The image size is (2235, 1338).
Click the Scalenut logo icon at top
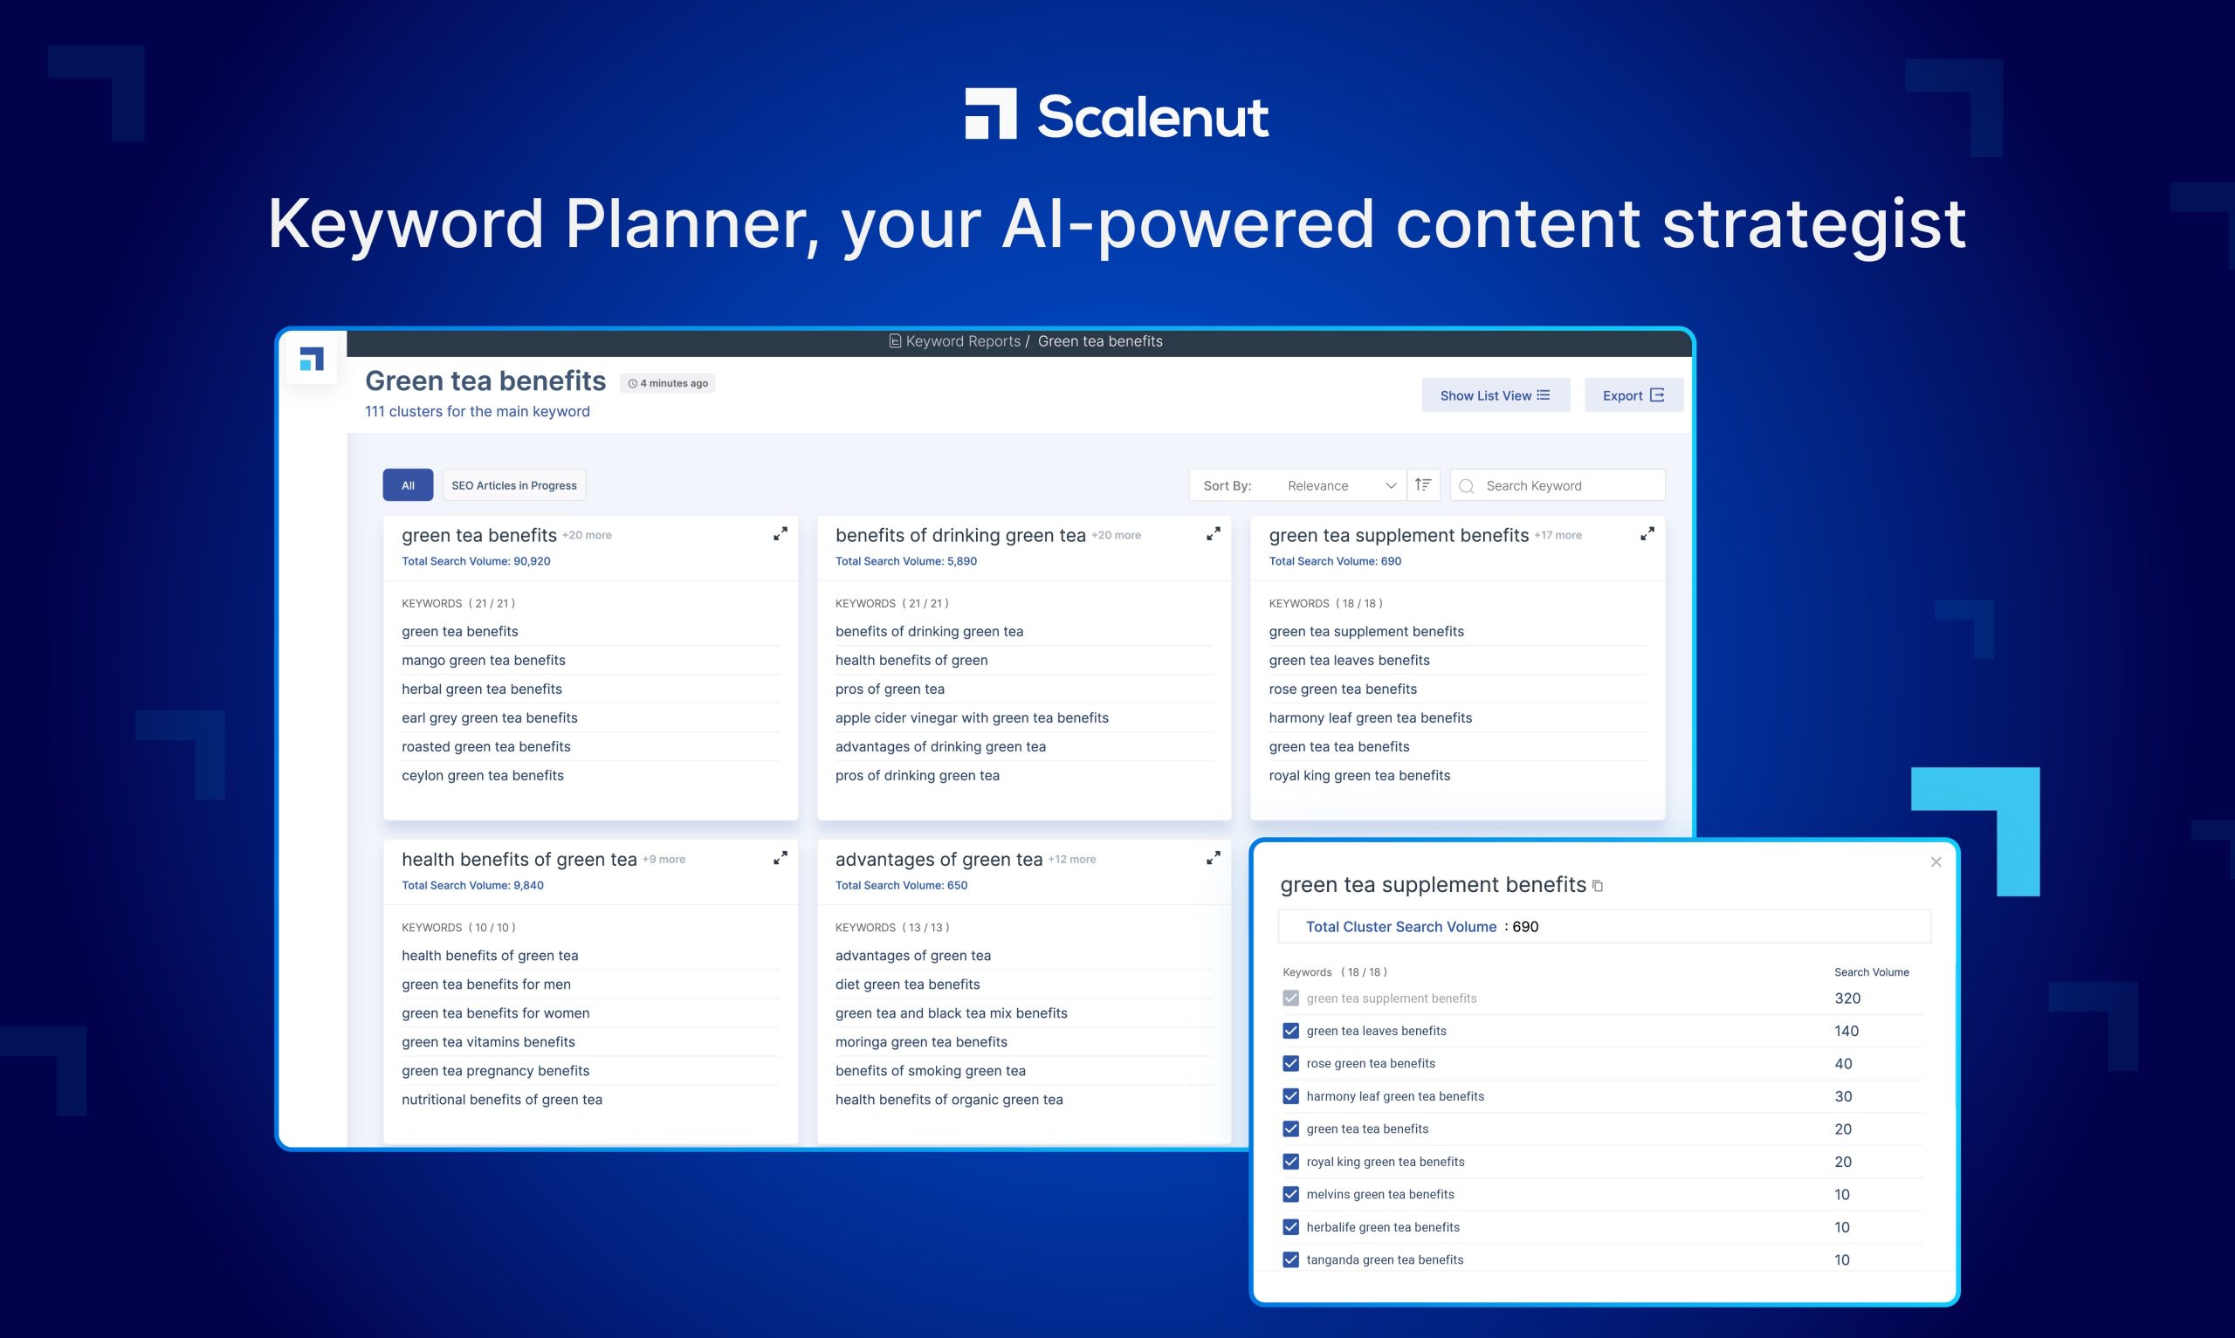click(990, 113)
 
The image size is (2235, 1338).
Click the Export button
click(1633, 395)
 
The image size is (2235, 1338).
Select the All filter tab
click(408, 485)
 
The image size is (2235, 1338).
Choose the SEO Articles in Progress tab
click(514, 485)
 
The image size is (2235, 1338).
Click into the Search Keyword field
click(1557, 485)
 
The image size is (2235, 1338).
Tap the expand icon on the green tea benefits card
click(780, 534)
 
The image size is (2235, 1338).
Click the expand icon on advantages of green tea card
click(1214, 857)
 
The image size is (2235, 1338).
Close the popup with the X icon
click(1936, 862)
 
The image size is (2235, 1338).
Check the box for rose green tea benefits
click(1291, 1063)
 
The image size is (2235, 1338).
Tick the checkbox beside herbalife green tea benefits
click(1291, 1227)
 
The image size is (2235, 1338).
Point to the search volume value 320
click(1847, 998)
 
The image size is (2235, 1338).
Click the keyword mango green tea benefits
click(484, 660)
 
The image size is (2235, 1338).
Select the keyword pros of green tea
click(890, 689)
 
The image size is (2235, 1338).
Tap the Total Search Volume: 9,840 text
click(472, 885)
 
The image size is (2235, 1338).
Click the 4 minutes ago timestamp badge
click(668, 383)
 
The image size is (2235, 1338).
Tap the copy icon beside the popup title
click(1598, 886)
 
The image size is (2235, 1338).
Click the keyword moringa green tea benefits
click(921, 1041)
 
